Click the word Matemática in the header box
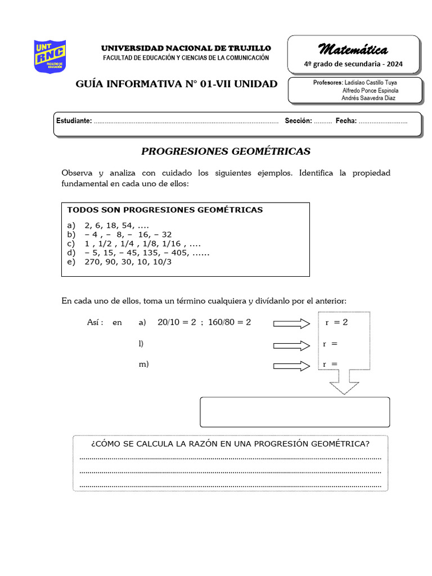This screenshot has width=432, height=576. tap(353, 49)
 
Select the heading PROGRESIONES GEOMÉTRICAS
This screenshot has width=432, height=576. tap(226, 151)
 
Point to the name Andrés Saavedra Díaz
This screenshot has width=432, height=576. tap(368, 98)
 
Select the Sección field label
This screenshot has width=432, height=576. tap(298, 121)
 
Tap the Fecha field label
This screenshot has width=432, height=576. tap(346, 121)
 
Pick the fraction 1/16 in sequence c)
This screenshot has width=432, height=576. tap(173, 244)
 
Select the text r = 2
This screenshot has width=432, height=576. tap(336, 322)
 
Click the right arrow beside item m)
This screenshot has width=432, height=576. tap(291, 366)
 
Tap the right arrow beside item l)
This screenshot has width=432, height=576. tap(291, 345)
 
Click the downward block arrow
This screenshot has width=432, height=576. tap(344, 382)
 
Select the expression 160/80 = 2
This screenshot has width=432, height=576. tap(227, 322)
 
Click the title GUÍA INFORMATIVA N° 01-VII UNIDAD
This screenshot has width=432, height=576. tap(177, 84)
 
